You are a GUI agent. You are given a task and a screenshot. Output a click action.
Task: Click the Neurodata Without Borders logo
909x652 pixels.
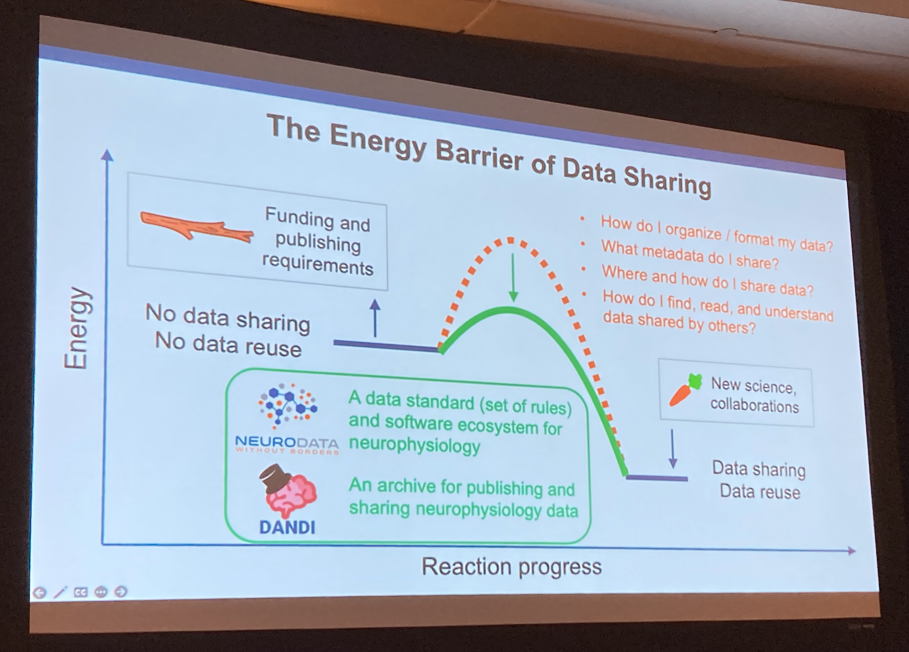pyautogui.click(x=287, y=418)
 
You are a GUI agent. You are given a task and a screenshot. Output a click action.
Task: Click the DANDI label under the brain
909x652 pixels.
pyautogui.click(x=287, y=527)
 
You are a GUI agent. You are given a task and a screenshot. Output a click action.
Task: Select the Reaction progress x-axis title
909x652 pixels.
pyautogui.click(x=512, y=566)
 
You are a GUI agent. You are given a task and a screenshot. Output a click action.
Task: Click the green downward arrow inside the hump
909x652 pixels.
pyautogui.click(x=513, y=277)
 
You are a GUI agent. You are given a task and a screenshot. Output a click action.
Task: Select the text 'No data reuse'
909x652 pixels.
pyautogui.click(x=228, y=345)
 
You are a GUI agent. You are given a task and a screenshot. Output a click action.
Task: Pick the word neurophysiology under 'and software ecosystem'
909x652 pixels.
pyautogui.click(x=415, y=444)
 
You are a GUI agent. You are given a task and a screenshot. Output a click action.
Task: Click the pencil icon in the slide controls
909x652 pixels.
pyautogui.click(x=60, y=592)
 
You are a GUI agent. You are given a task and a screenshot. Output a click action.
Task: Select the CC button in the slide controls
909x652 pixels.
pyautogui.click(x=80, y=592)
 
